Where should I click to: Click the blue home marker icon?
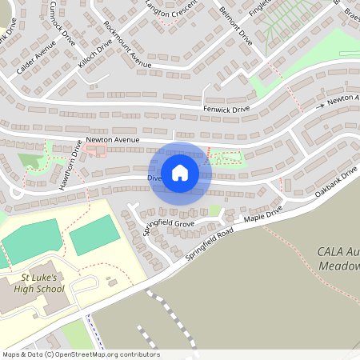180,173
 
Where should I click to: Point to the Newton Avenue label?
113,140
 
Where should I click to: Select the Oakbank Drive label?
335,185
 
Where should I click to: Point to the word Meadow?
340,266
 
